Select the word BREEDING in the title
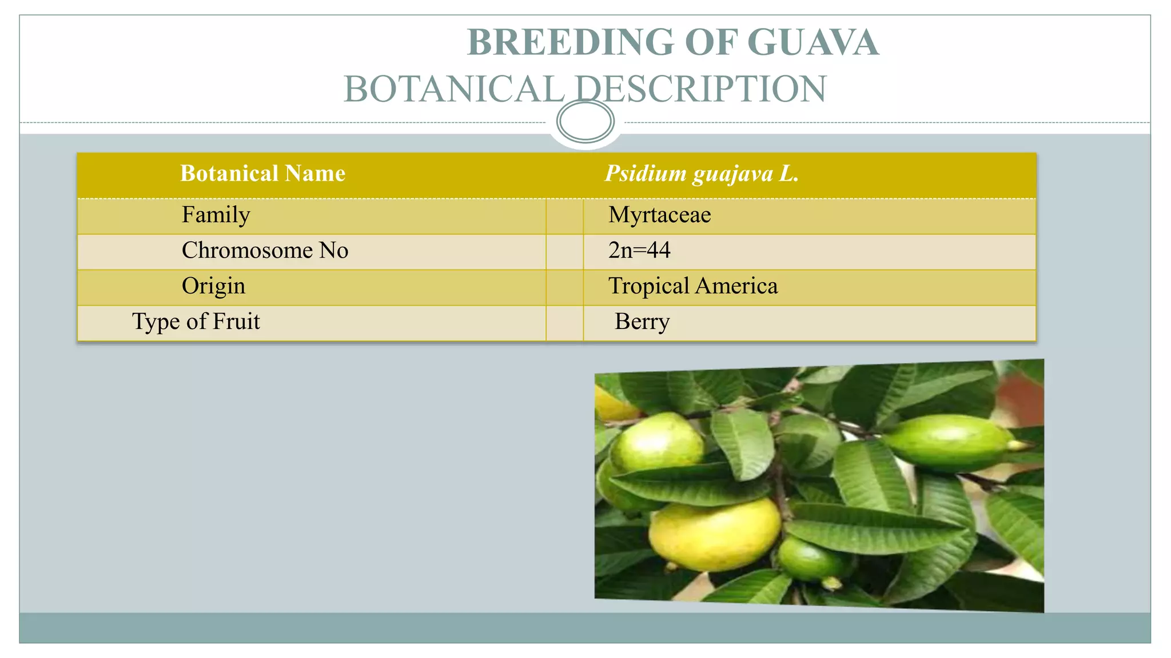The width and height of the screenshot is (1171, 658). point(570,42)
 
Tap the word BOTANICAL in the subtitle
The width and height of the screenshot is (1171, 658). point(454,89)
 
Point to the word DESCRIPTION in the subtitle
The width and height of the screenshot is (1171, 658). point(700,89)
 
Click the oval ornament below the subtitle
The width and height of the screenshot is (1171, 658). point(585,121)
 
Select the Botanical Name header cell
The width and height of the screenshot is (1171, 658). point(262,173)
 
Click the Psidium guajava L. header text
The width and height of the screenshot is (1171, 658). point(702,173)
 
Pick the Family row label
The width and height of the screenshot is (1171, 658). point(216,215)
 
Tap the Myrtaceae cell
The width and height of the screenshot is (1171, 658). point(659,215)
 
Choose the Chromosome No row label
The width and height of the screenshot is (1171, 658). point(265,250)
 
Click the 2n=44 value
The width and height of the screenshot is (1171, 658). point(639,250)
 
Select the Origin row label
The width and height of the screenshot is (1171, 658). point(213,286)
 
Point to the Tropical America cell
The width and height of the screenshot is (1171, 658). point(692,286)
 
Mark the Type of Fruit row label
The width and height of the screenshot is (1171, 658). point(196,321)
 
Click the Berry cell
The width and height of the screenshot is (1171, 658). point(642,322)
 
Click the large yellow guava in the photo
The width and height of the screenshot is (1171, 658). point(715,534)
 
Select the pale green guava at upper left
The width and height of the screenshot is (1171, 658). point(658,443)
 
